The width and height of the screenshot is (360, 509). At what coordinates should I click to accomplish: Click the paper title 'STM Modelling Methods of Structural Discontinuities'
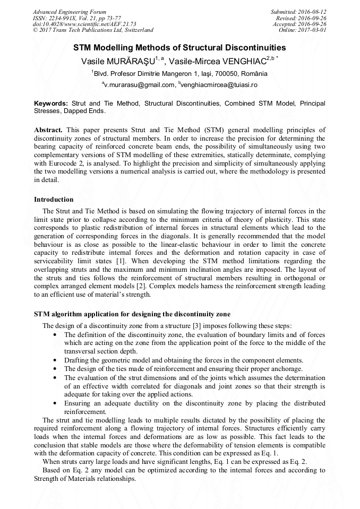(x=179, y=47)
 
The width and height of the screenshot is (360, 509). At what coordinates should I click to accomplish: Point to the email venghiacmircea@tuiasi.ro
(x=219, y=85)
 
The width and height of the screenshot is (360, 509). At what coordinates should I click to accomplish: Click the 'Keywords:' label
(x=51, y=103)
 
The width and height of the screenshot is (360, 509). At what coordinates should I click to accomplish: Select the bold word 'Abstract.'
(x=48, y=130)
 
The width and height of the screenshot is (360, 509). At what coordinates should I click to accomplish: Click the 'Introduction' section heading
(x=54, y=200)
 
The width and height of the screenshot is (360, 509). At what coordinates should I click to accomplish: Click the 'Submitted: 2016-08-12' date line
(x=298, y=12)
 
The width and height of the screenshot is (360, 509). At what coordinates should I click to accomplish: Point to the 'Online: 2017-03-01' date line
(x=302, y=30)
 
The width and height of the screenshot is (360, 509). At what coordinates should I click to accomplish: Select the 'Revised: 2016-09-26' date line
(x=301, y=18)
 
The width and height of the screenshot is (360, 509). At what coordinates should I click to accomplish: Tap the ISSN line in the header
(x=76, y=18)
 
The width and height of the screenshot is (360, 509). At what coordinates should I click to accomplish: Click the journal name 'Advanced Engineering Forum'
(x=69, y=12)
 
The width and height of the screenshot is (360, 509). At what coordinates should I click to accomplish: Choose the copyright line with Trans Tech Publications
(x=93, y=30)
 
